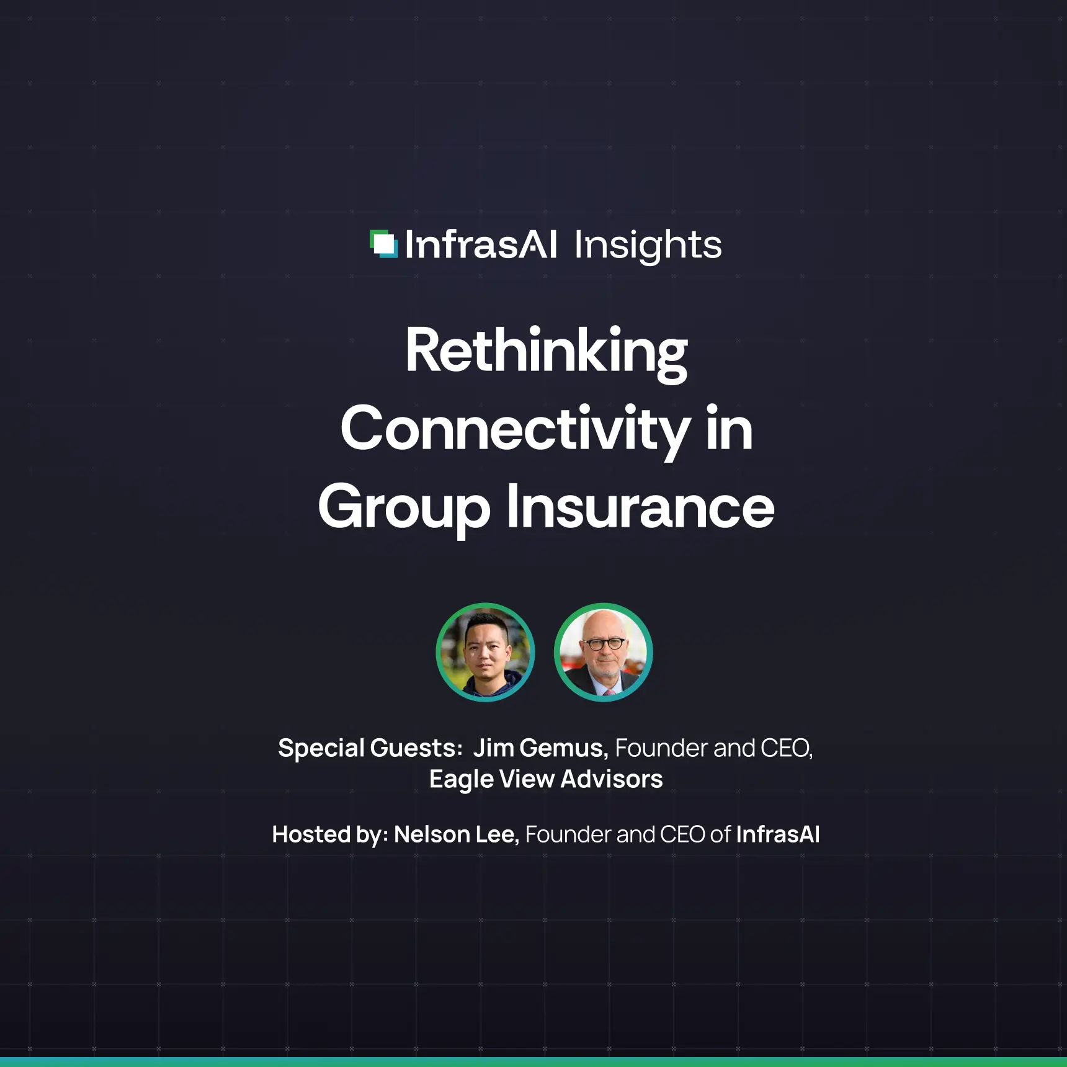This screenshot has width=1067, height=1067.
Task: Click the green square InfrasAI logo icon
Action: (383, 244)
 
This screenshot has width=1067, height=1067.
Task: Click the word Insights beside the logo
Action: (648, 245)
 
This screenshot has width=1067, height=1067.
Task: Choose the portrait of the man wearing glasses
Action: (603, 652)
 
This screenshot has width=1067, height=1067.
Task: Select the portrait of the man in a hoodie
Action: (485, 652)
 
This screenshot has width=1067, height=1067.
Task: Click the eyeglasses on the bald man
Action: (604, 644)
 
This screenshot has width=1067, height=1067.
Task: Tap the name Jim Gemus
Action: (540, 748)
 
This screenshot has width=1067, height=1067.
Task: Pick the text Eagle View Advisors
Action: (546, 779)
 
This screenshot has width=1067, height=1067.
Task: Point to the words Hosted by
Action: (329, 835)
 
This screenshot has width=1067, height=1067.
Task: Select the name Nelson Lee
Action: (455, 834)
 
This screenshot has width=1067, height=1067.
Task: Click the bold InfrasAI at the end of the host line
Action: (777, 834)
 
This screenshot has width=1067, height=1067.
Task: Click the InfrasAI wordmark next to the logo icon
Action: (481, 245)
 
